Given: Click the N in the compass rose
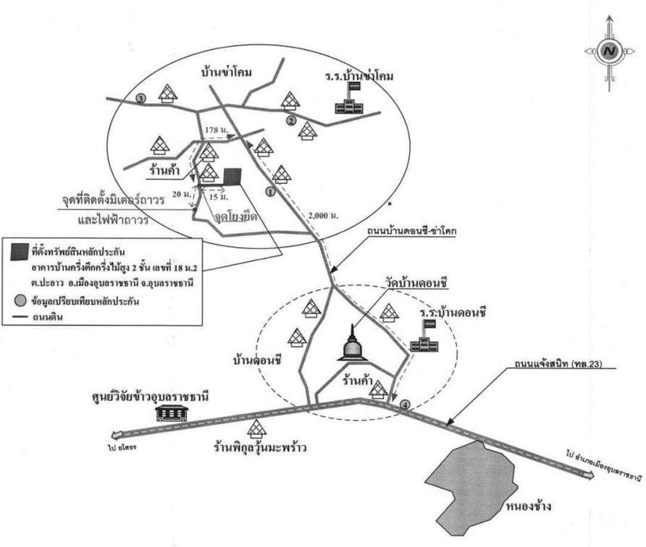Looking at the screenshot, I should (610, 50).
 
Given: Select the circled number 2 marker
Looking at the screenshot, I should (291, 121).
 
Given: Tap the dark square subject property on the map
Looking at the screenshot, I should (232, 175).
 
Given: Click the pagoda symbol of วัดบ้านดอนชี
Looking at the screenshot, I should (353, 345).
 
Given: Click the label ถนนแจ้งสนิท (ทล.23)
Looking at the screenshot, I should (554, 363).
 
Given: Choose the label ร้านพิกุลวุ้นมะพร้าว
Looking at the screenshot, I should (259, 447).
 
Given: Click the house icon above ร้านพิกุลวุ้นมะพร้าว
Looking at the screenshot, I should (257, 428).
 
